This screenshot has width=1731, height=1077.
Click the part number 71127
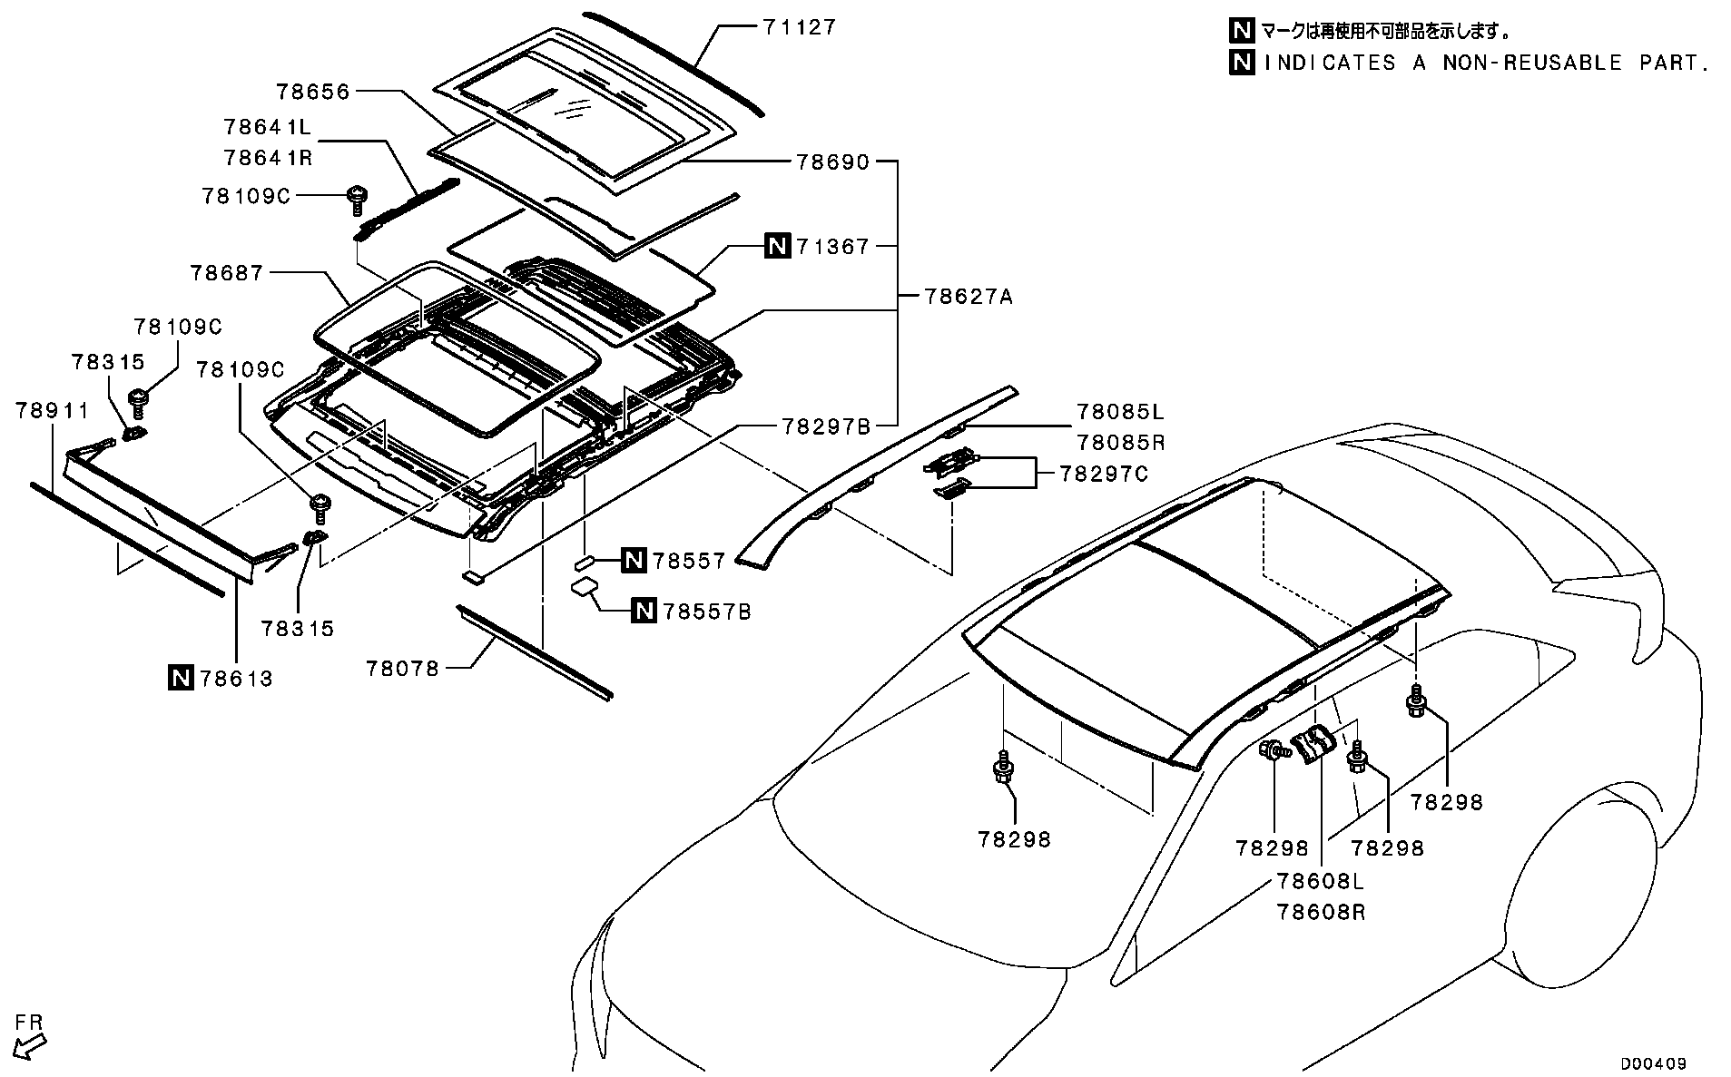click(x=798, y=27)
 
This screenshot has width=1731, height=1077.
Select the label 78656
click(x=313, y=91)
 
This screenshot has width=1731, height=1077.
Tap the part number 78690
click(x=832, y=162)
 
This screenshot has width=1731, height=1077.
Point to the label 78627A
click(x=969, y=296)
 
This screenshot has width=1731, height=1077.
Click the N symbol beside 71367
click(x=778, y=246)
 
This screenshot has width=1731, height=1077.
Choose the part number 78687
click(x=226, y=272)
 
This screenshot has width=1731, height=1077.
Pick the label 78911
click(x=53, y=411)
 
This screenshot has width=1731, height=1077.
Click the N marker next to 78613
click(x=181, y=678)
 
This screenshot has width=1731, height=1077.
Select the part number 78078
click(x=402, y=669)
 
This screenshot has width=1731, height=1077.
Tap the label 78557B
click(x=707, y=612)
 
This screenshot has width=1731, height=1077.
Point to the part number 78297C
click(x=1104, y=474)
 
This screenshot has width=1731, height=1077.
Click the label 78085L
click(x=1120, y=412)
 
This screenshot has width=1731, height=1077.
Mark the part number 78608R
click(x=1321, y=911)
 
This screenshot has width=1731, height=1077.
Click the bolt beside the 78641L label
click(x=357, y=199)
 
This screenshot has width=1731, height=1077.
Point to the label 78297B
click(x=825, y=426)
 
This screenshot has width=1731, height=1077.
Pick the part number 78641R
click(x=268, y=158)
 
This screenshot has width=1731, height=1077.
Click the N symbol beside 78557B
click(x=644, y=612)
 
